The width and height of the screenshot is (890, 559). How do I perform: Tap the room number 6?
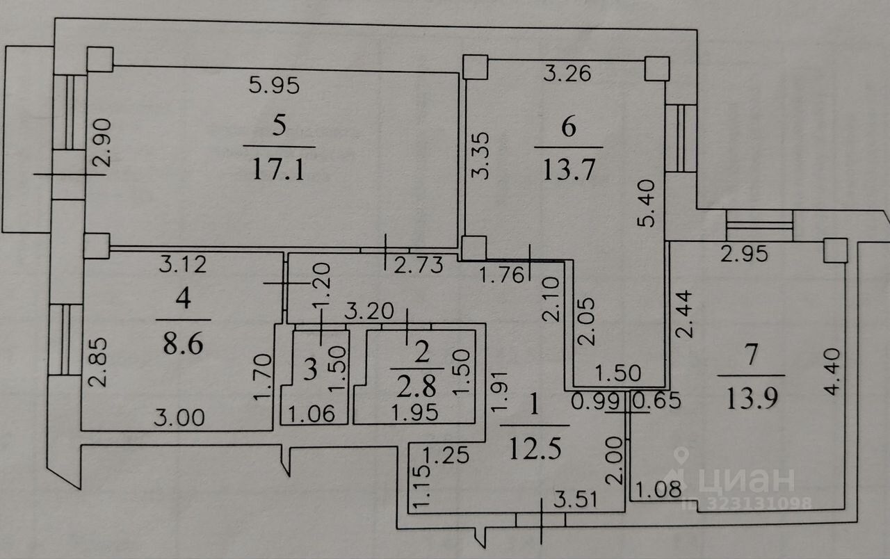[569, 127]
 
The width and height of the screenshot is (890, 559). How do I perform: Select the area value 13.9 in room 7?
[752, 398]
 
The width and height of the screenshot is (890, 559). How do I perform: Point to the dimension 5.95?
[274, 86]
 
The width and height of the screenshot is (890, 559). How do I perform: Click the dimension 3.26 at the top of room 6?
[567, 73]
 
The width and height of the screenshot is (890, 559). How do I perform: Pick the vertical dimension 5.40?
[646, 203]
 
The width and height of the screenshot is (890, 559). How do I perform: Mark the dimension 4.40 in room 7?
[832, 371]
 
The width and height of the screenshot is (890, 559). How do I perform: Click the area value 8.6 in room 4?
[183, 343]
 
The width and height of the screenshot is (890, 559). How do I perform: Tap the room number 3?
[310, 370]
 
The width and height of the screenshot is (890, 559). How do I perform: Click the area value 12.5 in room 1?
[535, 449]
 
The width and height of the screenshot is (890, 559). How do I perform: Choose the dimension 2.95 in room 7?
[744, 254]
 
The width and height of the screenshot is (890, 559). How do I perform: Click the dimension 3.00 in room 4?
[179, 418]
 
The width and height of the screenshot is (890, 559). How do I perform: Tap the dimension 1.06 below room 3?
[311, 414]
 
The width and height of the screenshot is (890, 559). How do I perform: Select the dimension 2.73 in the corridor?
[419, 266]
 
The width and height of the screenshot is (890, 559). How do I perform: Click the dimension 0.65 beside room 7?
[657, 400]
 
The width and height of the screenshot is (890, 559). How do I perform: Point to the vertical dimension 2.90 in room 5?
[102, 143]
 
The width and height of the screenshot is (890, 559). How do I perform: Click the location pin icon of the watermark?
[681, 455]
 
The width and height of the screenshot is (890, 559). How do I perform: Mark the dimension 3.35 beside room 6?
[480, 156]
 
